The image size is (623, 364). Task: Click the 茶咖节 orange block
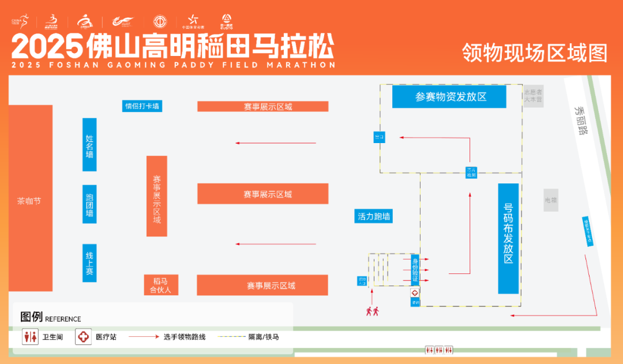(30, 201)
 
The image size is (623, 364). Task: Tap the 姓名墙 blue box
(89, 145)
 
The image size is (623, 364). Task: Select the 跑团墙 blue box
(89, 204)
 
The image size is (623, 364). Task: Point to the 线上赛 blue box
(89, 263)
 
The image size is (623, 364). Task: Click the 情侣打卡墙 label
(142, 106)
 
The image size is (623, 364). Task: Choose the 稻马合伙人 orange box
(161, 285)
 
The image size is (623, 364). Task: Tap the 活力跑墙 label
(374, 216)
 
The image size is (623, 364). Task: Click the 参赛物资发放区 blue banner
(449, 96)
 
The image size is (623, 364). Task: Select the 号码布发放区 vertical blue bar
(508, 239)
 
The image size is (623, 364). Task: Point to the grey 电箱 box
(551, 200)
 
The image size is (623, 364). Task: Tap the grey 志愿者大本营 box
(533, 96)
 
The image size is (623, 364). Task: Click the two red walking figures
(372, 312)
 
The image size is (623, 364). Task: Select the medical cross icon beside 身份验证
(415, 293)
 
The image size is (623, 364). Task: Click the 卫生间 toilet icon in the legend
(30, 336)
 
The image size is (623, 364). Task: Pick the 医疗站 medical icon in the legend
(84, 336)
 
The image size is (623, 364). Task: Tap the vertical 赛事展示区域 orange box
(156, 196)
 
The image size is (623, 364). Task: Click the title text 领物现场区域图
(534, 53)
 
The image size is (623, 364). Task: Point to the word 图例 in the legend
(31, 317)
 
